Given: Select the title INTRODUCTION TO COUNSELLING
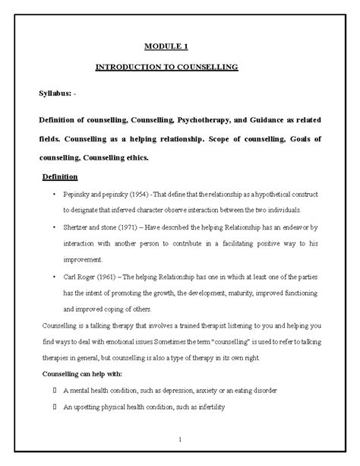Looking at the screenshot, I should coord(166,67).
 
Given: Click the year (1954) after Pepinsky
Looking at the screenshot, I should coord(124,195).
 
